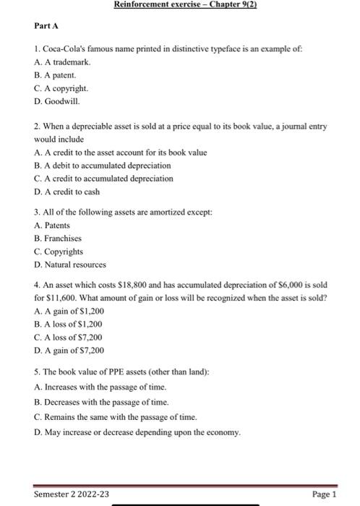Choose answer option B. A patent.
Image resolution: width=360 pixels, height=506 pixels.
click(x=55, y=74)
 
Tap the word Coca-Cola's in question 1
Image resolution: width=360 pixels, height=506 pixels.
click(x=63, y=48)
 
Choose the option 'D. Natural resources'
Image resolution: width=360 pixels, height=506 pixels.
click(x=69, y=265)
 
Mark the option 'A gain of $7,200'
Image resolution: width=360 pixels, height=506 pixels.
click(x=69, y=351)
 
